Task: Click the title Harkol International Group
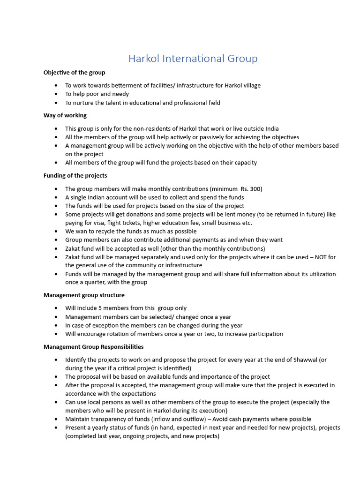click(193, 59)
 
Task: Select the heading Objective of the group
click(74, 72)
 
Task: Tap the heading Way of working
click(65, 115)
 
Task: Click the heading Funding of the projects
click(75, 175)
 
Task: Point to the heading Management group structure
click(84, 295)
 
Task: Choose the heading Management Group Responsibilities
click(93, 347)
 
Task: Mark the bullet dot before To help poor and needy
click(56, 94)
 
